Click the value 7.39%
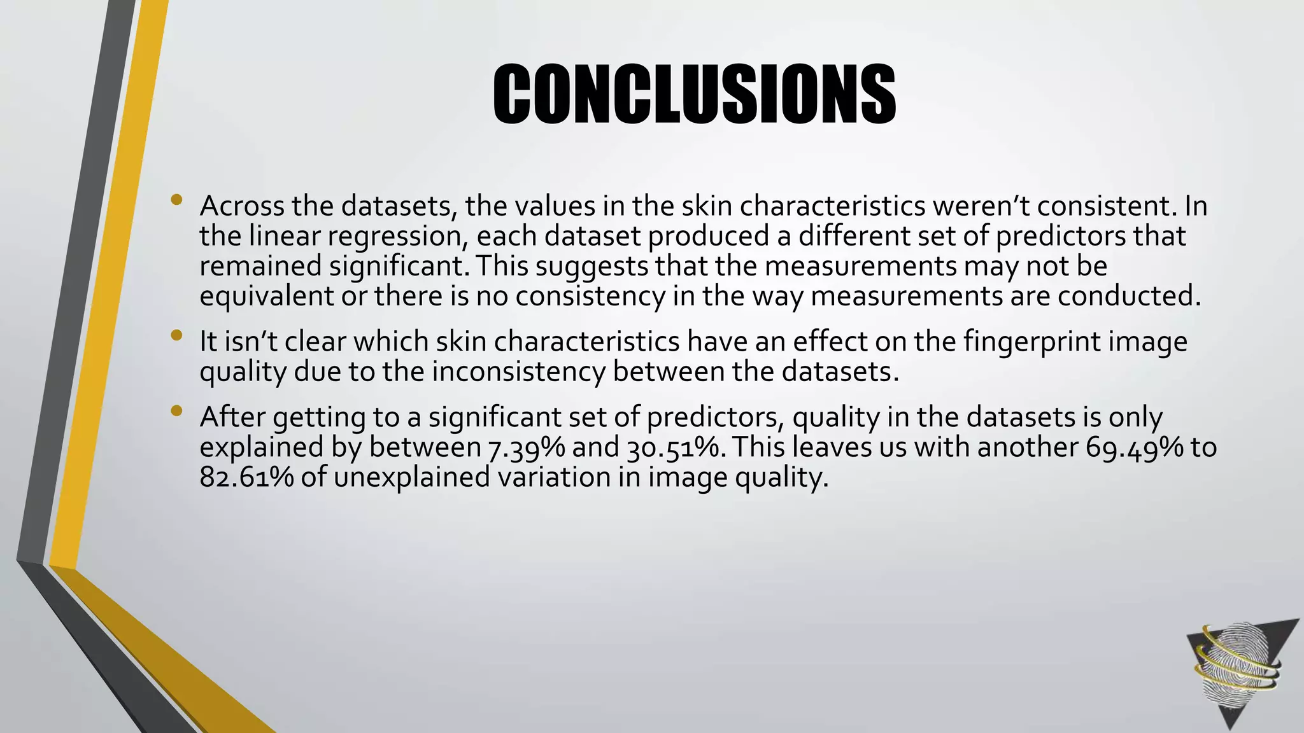pyautogui.click(x=527, y=447)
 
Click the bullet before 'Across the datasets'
pyautogui.click(x=176, y=200)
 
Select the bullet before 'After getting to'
pyautogui.click(x=176, y=412)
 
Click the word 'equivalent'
pyautogui.click(x=266, y=297)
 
